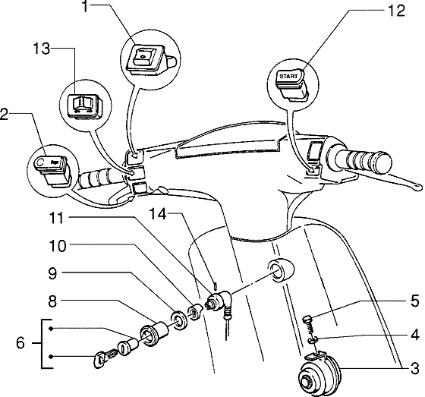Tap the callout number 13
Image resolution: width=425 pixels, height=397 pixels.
click(x=42, y=49)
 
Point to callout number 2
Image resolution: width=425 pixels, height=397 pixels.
click(x=5, y=115)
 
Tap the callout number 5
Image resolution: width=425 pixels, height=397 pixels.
click(x=414, y=300)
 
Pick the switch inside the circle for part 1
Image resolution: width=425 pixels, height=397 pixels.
click(x=146, y=55)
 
